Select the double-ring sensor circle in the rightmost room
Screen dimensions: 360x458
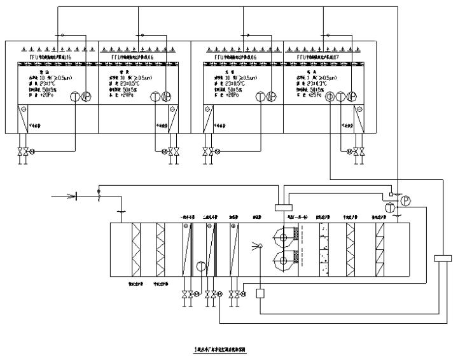(330, 96)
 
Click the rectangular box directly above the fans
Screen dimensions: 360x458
(280, 206)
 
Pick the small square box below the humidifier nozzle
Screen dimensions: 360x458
(260, 293)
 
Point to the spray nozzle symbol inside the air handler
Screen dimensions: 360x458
(260, 247)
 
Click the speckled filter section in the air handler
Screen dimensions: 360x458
(324, 248)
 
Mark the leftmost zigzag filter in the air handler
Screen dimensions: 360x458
(135, 248)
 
